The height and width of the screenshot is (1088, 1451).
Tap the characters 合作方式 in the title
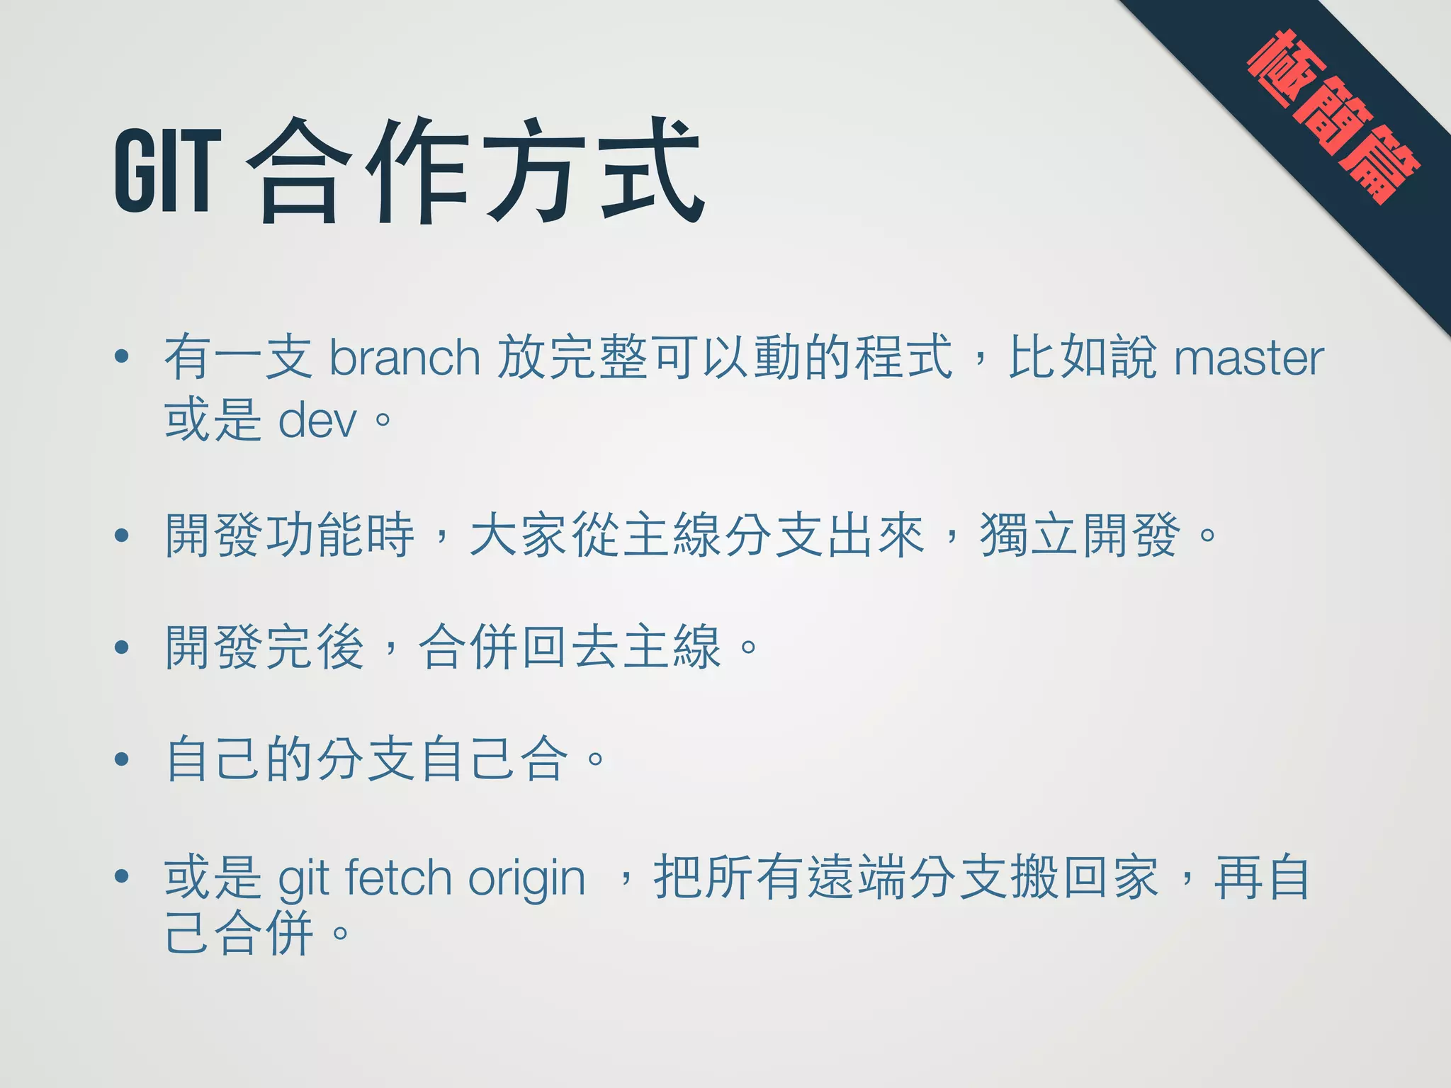[475, 171]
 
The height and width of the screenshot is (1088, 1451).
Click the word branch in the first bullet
[405, 358]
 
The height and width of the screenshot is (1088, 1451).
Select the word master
[1248, 358]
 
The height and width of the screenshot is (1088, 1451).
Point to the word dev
[317, 421]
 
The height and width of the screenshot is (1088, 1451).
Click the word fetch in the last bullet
[398, 878]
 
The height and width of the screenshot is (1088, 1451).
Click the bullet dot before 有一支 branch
[122, 356]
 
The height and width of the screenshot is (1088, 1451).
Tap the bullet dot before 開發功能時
[122, 535]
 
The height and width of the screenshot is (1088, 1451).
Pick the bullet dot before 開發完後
[122, 647]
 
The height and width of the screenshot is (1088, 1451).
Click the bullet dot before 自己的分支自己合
[122, 759]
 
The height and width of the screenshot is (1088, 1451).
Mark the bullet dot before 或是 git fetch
[122, 876]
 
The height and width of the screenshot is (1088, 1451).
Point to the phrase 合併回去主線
[570, 647]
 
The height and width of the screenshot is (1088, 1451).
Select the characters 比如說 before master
[1083, 358]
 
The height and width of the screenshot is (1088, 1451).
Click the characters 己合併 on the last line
[239, 933]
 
